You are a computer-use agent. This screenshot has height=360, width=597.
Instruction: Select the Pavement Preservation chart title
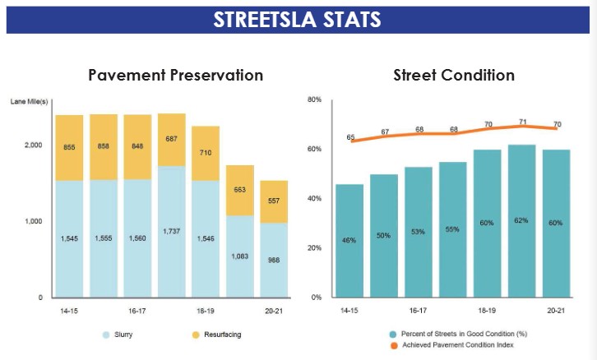point(176,75)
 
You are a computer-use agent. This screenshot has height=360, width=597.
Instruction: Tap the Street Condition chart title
point(454,75)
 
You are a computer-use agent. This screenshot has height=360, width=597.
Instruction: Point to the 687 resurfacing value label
point(171,139)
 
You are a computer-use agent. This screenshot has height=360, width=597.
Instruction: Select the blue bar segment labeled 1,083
point(241,256)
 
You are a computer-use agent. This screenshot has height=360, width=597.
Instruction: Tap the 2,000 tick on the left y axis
point(32,145)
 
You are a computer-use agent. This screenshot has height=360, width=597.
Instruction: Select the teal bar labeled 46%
point(349,240)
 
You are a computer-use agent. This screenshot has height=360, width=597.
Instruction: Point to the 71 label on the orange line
point(522,122)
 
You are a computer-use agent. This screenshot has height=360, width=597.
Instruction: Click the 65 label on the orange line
point(350,137)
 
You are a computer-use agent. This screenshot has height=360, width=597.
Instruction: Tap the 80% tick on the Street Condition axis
point(314,100)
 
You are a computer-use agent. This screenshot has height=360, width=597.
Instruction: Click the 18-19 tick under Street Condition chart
point(487,312)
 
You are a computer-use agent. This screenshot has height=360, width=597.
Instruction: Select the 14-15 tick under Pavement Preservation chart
point(69,312)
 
